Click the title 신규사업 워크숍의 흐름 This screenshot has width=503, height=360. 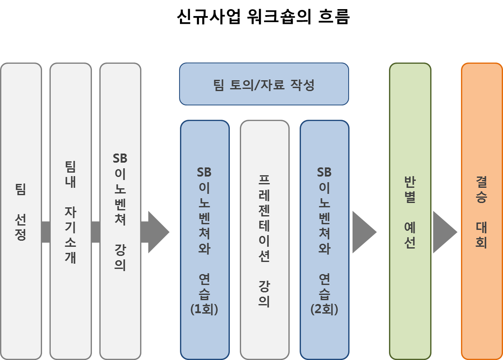(x=263, y=17)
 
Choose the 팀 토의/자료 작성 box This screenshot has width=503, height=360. (x=264, y=84)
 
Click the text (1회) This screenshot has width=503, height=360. (x=204, y=309)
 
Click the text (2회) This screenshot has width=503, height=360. (x=324, y=309)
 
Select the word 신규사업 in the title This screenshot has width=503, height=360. (x=208, y=17)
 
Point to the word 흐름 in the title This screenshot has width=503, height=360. (x=333, y=17)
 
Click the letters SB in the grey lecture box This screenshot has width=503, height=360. (x=120, y=158)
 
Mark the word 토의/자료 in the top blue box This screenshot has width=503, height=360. (x=264, y=85)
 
